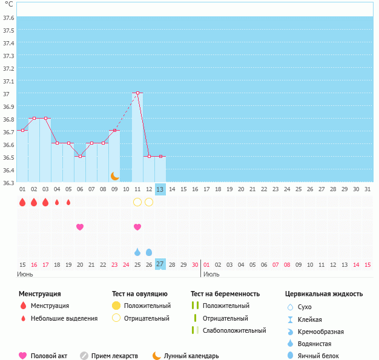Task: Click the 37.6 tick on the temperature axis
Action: click(8, 18)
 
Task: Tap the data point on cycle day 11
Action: click(137, 93)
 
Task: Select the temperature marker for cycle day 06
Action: click(80, 156)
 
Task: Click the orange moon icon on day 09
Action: click(114, 175)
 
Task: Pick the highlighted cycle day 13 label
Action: click(160, 189)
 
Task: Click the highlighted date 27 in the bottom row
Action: click(160, 264)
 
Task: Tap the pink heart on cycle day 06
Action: click(80, 227)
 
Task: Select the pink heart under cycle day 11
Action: click(137, 227)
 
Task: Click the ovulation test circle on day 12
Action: click(149, 202)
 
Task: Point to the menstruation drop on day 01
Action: click(22, 202)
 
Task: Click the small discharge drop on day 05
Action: click(68, 202)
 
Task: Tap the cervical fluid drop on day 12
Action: click(149, 252)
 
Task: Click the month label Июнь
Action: click(25, 274)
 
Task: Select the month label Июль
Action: click(211, 274)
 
